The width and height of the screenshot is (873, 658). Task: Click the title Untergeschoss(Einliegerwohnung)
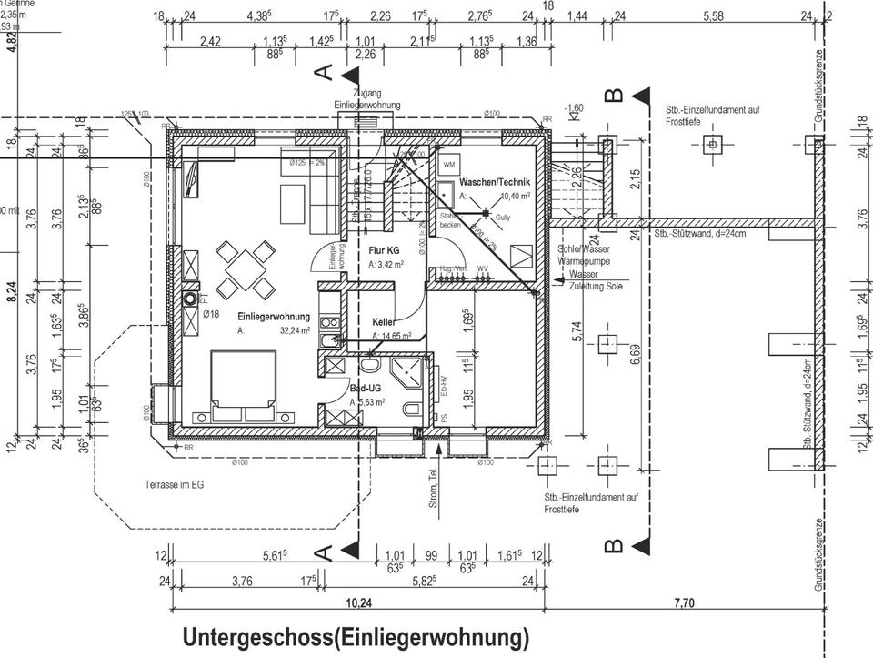point(355,636)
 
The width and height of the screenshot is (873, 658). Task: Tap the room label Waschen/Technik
point(494,183)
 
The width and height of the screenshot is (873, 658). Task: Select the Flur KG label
point(384,249)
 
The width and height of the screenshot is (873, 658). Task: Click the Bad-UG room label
point(366,389)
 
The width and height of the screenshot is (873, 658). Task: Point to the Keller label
point(383,322)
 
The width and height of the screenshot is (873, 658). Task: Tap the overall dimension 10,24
point(359,602)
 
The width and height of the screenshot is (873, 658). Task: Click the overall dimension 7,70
point(685,602)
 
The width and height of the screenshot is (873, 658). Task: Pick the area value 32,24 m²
point(296,330)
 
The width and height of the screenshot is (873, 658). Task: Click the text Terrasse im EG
point(175,485)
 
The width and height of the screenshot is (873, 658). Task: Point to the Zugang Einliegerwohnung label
point(366,99)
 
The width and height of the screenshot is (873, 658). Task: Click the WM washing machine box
point(448,166)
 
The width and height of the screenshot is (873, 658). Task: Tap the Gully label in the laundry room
point(503,218)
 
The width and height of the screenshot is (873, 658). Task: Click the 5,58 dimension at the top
point(713,16)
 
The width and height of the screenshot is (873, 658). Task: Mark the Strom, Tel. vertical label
point(435,491)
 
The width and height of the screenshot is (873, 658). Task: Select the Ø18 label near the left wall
point(211,313)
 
